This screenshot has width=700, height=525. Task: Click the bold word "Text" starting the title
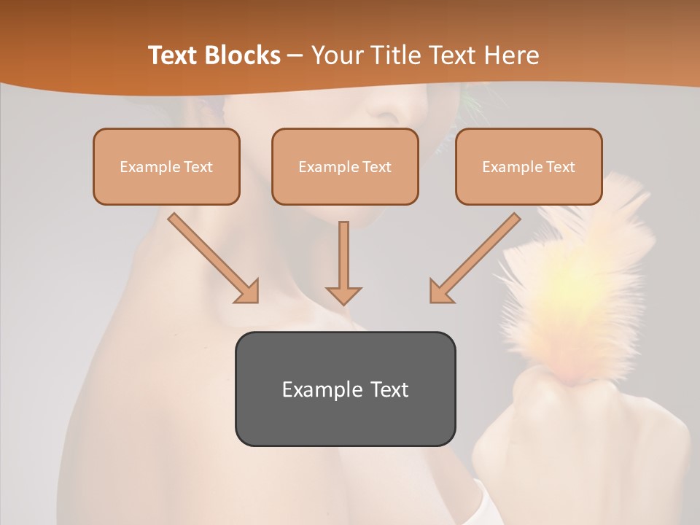(x=176, y=55)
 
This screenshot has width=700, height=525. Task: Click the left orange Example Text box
(x=166, y=166)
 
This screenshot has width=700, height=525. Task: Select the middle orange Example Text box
(x=345, y=166)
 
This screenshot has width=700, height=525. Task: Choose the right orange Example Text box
(x=529, y=166)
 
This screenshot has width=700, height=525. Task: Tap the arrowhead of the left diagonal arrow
(x=247, y=291)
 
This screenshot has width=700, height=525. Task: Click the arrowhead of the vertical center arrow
(x=343, y=295)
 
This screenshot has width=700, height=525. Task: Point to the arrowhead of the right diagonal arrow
(x=441, y=291)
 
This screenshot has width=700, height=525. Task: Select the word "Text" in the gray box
(x=390, y=389)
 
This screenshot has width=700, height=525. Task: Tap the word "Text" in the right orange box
(x=561, y=167)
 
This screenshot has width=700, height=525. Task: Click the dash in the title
(x=295, y=55)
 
